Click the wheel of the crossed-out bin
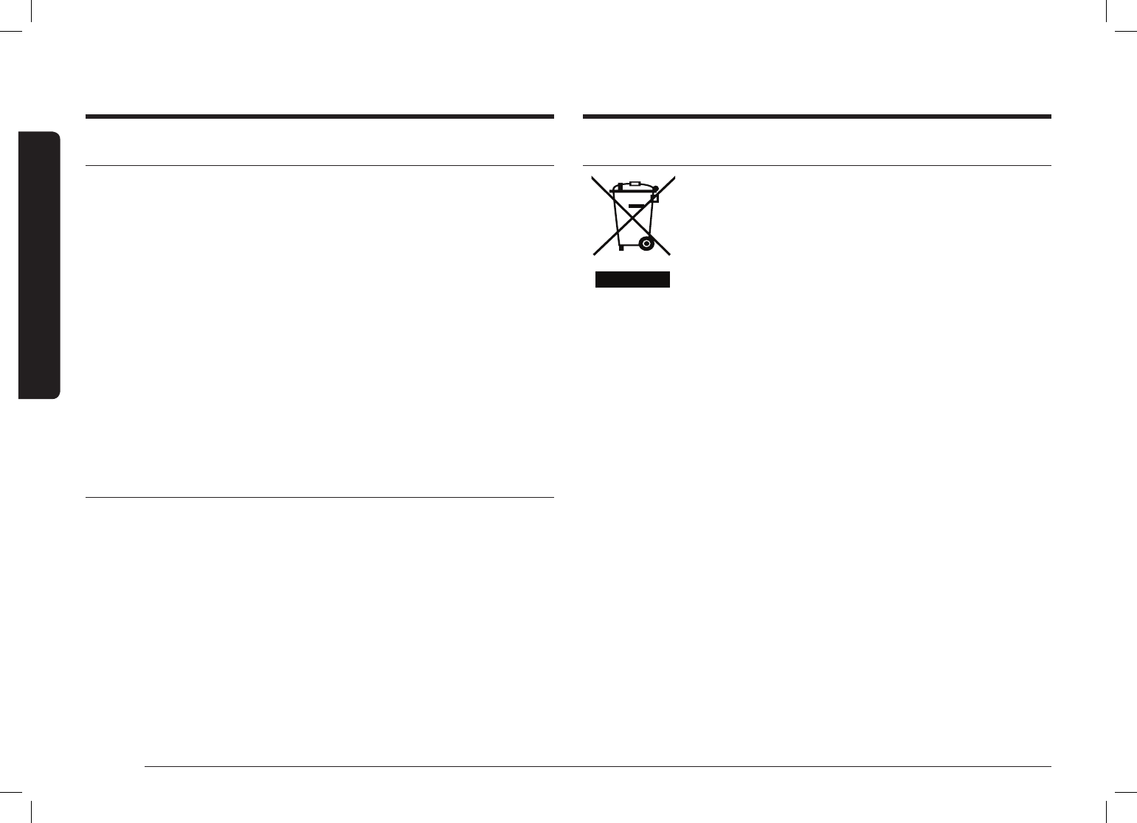coord(646,243)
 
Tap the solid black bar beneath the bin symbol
coord(632,279)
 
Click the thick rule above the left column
coord(319,117)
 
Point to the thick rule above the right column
coord(817,117)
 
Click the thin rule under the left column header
coord(319,166)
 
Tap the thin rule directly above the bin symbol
coord(817,166)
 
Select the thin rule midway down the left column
coord(319,498)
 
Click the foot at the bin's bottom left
coord(621,249)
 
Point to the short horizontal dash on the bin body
coord(636,206)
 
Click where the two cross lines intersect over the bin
coord(632,215)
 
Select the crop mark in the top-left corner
coord(22,22)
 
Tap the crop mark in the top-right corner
coord(1114,22)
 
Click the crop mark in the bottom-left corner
coord(22,801)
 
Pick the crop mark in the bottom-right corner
coord(1114,801)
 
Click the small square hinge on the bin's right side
coord(654,198)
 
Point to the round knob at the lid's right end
coord(655,189)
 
